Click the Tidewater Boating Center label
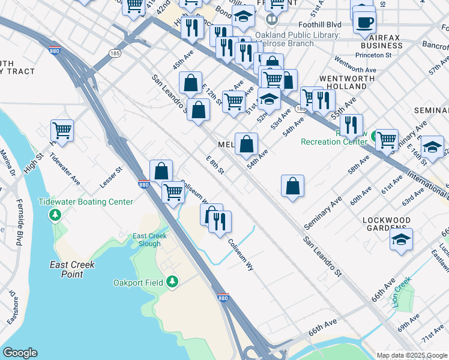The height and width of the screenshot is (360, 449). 85,202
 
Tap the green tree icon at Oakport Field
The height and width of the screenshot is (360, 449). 172,281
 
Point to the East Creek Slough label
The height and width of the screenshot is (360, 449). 147,239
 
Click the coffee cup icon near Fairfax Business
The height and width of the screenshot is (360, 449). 364,23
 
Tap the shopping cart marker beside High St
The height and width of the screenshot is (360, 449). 62,130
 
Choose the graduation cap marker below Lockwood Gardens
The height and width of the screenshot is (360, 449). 401,239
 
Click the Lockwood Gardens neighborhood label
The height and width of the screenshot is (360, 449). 387,224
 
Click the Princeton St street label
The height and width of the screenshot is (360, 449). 372,55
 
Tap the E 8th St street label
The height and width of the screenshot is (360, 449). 215,165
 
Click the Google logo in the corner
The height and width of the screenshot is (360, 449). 21,353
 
